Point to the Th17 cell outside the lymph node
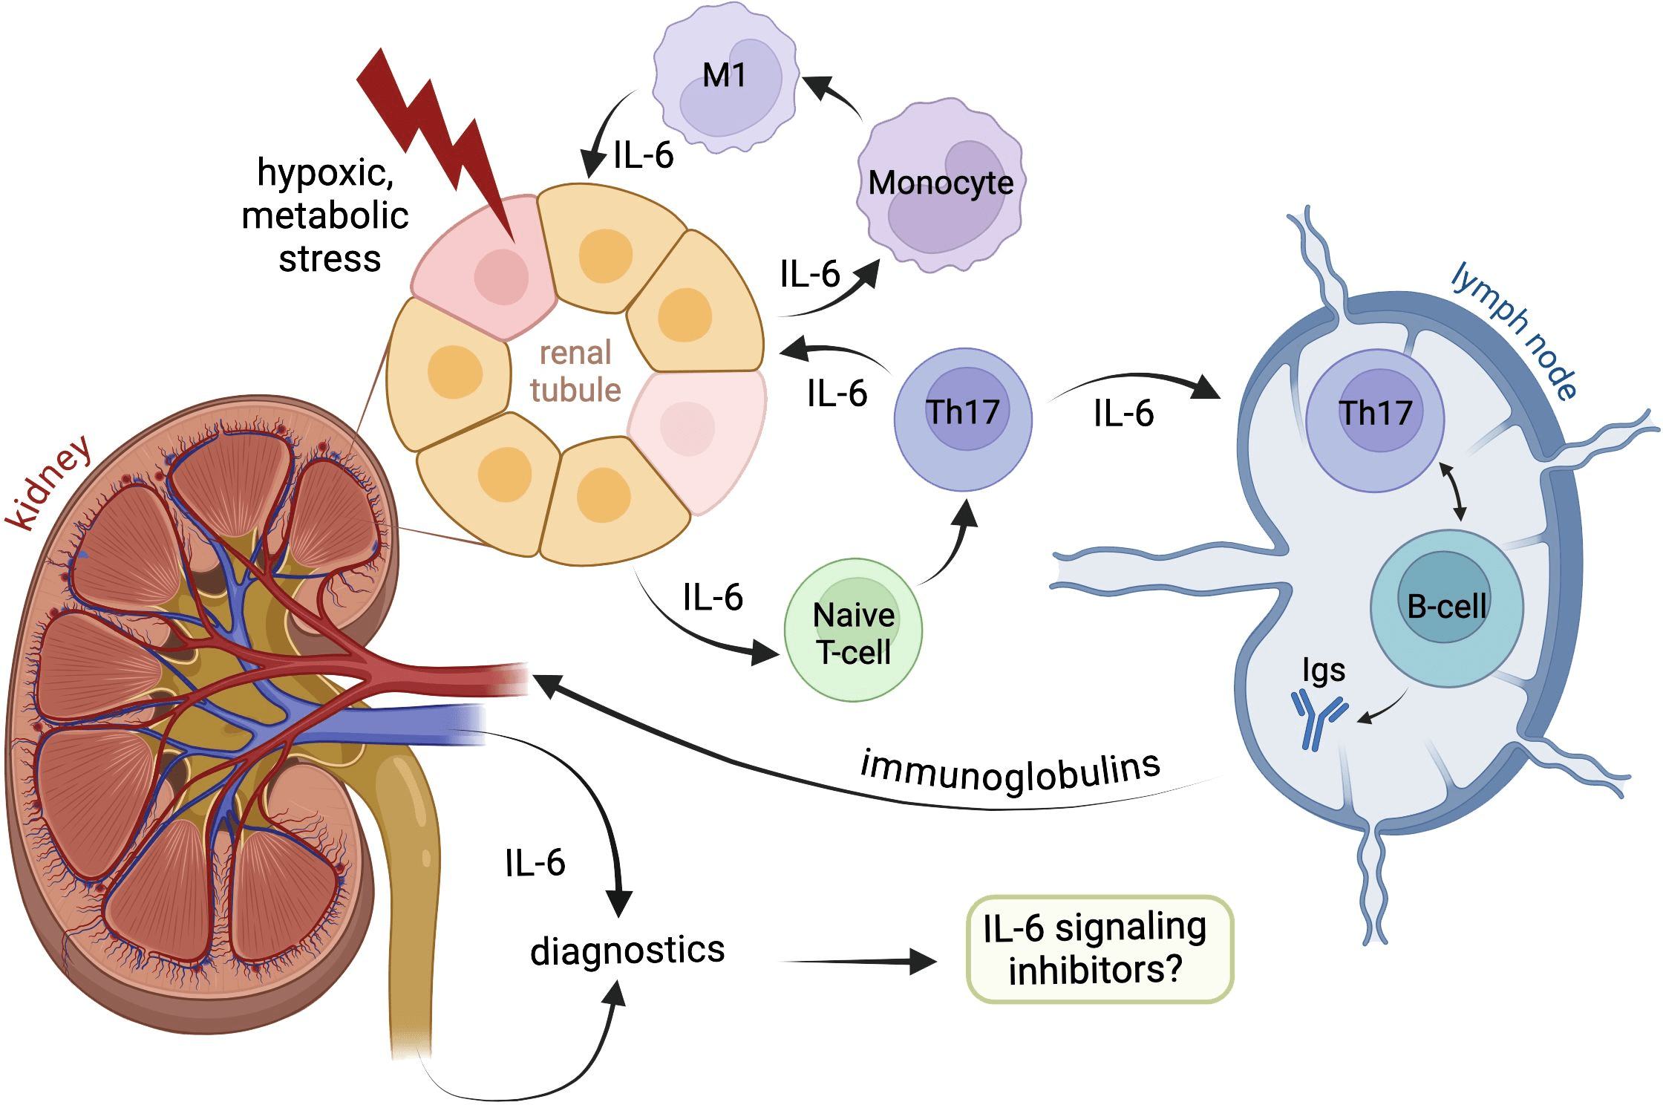963,420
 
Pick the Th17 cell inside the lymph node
1375,420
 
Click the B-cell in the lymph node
1446,607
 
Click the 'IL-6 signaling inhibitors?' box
1099,949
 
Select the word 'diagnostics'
627,951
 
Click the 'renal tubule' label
575,371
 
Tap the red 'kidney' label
49,483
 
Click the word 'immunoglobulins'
1010,772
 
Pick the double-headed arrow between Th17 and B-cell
1453,491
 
